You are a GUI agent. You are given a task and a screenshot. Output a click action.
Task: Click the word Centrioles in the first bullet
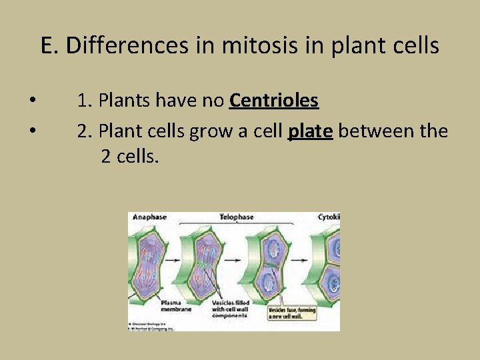[274, 101]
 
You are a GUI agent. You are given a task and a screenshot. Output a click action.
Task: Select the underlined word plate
[310, 131]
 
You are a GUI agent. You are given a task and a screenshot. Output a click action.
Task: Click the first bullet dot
[32, 101]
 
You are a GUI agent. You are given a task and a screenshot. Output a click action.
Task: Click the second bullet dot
[32, 131]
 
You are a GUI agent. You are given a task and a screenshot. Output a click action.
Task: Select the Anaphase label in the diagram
[149, 217]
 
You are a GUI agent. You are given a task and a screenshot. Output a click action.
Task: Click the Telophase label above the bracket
[237, 217]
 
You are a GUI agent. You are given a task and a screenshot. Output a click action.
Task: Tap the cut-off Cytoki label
[329, 217]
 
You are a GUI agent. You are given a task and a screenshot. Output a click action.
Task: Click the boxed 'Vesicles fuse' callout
[293, 313]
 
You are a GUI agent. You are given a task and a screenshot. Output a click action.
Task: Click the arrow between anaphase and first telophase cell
[181, 260]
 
